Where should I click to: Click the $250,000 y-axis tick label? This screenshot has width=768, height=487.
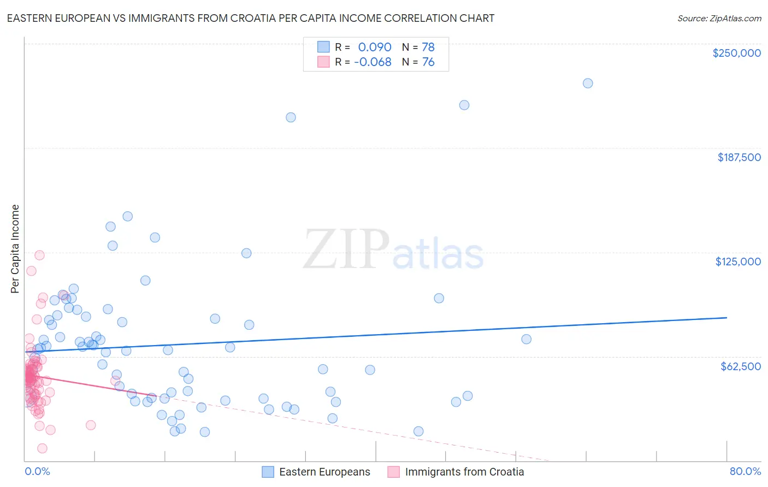click(x=736, y=53)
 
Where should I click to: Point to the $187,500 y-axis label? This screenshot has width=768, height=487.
click(x=739, y=157)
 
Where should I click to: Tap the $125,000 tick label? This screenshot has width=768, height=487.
click(x=738, y=262)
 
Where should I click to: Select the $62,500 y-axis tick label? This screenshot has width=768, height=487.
click(x=741, y=366)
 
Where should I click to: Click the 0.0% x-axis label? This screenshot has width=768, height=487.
click(x=37, y=471)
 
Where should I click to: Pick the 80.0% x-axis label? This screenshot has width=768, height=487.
click(x=745, y=471)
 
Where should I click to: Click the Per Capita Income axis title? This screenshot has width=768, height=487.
click(x=15, y=248)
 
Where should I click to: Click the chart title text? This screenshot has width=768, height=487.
click(x=250, y=18)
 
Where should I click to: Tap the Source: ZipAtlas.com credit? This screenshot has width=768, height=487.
click(x=719, y=18)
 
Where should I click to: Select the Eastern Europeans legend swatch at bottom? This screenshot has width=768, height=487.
click(x=268, y=472)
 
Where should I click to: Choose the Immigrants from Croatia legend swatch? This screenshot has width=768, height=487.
click(x=393, y=472)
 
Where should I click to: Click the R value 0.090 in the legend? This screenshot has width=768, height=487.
click(x=375, y=47)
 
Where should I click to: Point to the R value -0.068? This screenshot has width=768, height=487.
click(x=373, y=62)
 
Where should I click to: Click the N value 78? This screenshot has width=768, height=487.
click(x=428, y=47)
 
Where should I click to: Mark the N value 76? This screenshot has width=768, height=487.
click(x=428, y=62)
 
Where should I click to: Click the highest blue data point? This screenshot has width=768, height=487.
click(x=588, y=83)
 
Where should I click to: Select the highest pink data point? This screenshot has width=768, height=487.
click(x=39, y=255)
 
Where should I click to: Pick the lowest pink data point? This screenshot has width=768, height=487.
click(x=42, y=448)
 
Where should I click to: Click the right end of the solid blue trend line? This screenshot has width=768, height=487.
click(x=726, y=317)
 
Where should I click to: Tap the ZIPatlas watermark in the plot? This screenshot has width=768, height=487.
click(x=393, y=250)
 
